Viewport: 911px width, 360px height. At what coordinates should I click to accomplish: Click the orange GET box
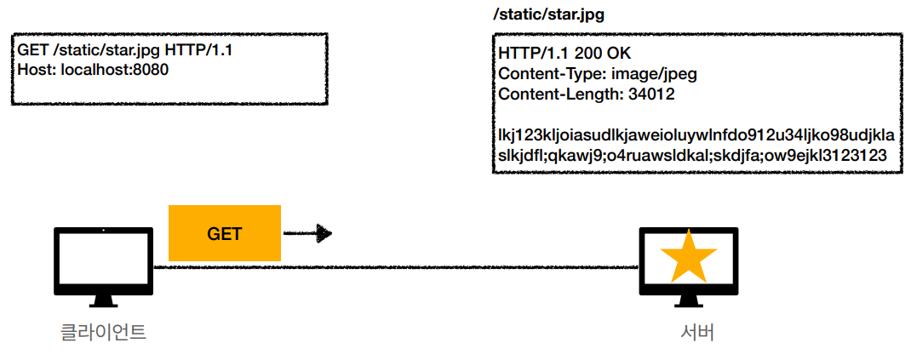pos(225,233)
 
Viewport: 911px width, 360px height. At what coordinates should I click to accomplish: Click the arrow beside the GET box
pos(307,233)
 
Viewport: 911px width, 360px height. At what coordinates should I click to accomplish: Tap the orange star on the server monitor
pos(688,258)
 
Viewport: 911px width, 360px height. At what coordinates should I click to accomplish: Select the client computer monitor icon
pos(103,260)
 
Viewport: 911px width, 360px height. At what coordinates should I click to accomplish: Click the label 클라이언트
pos(103,332)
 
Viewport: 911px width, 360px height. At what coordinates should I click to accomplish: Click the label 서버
pos(688,332)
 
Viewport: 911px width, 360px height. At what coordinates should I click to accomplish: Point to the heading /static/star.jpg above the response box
pos(549,15)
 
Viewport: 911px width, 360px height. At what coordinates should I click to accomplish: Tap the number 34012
pos(651,94)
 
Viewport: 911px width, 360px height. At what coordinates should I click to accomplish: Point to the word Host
pos(33,69)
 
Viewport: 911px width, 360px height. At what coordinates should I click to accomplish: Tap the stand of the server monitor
pos(688,298)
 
